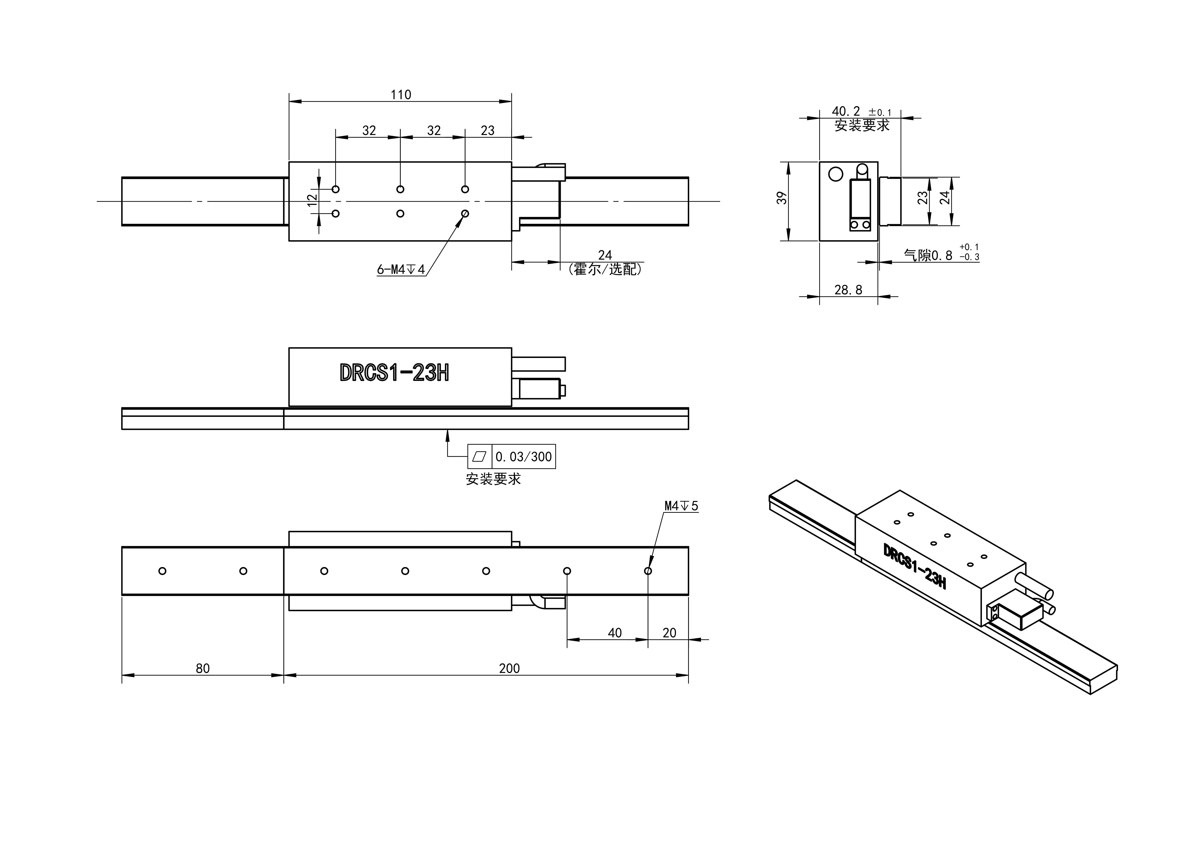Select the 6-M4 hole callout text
pos(401,270)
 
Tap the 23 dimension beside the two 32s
pos(487,130)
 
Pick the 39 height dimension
pos(782,198)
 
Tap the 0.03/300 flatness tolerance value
pos(523,457)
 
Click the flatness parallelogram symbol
pos(480,457)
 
